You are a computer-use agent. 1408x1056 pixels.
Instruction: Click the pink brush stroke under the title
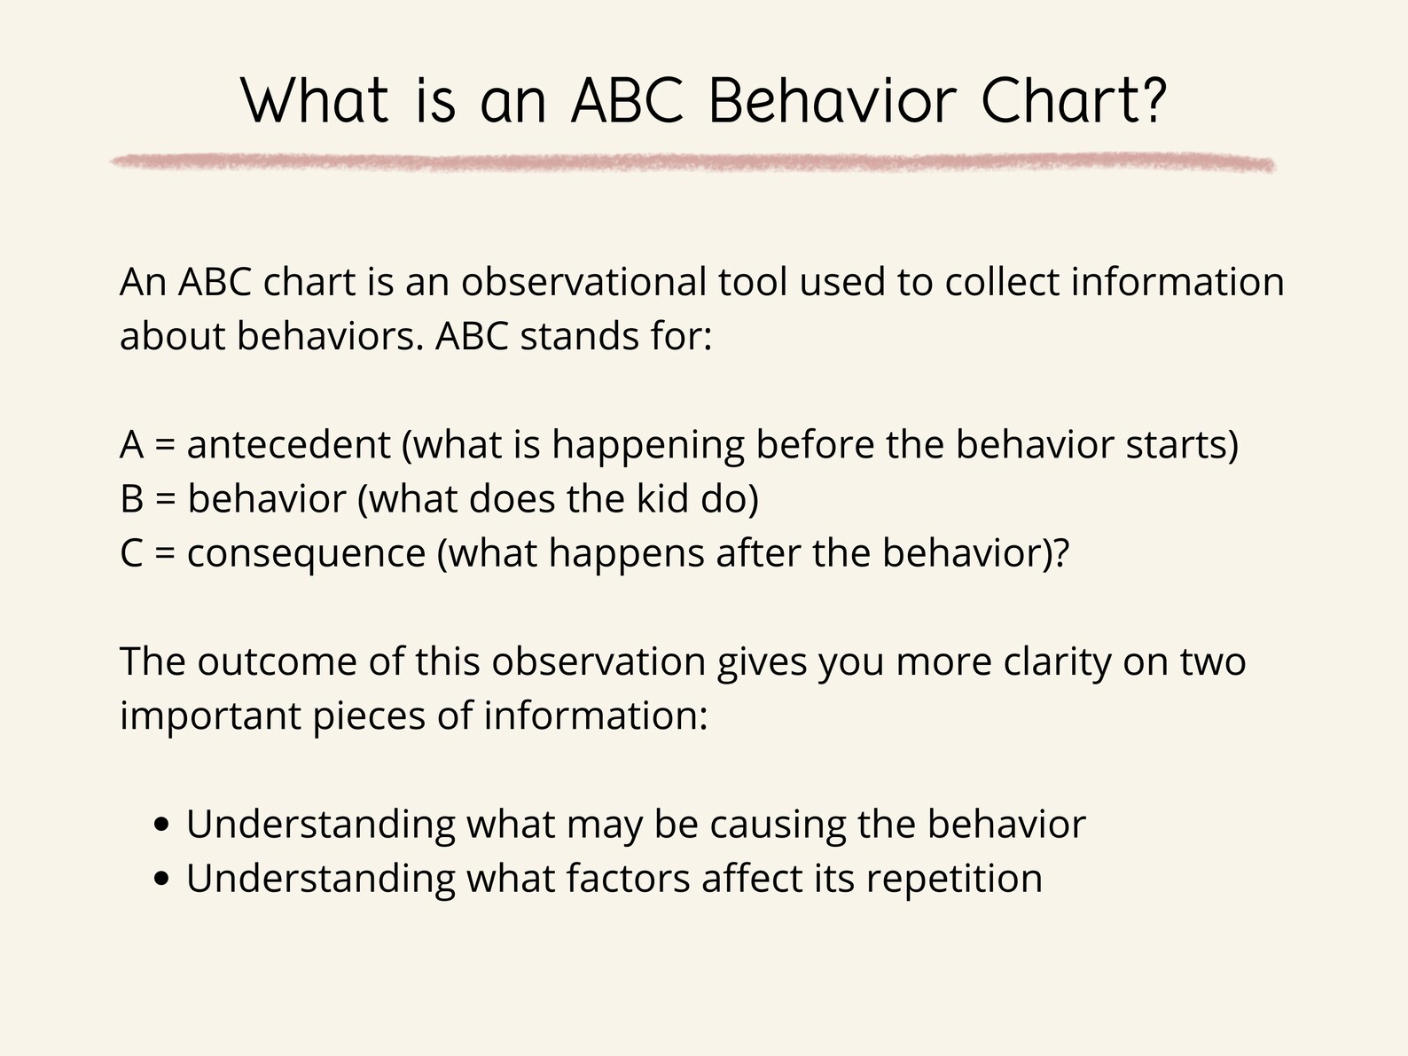692,162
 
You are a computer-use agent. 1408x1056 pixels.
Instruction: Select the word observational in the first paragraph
583,283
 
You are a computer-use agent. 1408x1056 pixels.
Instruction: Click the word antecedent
288,445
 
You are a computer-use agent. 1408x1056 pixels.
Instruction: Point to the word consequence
306,554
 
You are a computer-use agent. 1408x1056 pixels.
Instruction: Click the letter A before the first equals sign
131,445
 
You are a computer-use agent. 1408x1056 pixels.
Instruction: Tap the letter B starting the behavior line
131,499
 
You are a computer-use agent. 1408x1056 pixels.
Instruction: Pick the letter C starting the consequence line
131,554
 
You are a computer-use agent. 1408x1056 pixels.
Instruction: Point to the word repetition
954,880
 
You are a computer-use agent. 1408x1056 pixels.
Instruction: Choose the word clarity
1056,662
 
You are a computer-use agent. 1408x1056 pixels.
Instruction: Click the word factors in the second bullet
627,880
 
